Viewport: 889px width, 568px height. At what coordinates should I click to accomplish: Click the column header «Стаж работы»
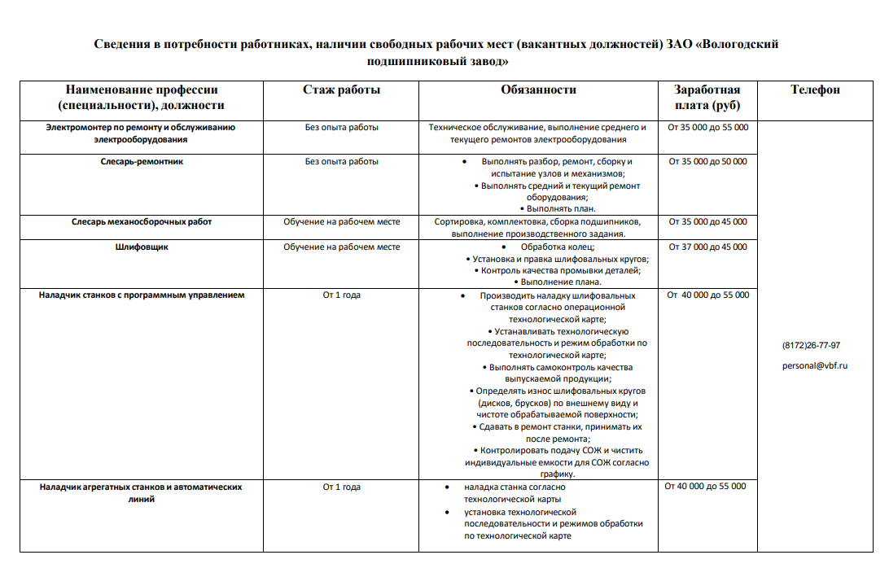(342, 90)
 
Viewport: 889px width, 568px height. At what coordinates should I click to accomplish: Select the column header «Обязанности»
(538, 90)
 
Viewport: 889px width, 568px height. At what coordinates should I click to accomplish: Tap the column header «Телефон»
(815, 90)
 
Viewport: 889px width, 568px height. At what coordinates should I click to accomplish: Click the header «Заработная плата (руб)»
(707, 98)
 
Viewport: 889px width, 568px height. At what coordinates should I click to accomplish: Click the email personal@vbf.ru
(815, 366)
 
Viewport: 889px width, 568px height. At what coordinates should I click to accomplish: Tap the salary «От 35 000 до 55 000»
(707, 128)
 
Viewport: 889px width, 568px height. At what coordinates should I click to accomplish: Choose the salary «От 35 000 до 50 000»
(707, 162)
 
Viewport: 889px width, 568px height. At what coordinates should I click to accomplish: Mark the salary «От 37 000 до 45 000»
(707, 247)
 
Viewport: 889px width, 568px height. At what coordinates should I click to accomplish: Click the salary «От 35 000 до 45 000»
(707, 221)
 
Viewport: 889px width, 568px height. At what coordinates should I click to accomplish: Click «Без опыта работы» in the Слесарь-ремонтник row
(342, 162)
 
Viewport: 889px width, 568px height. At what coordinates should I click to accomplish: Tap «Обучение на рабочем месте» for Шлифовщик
(342, 247)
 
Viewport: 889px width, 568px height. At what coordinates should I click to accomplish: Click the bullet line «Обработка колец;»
(558, 247)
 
